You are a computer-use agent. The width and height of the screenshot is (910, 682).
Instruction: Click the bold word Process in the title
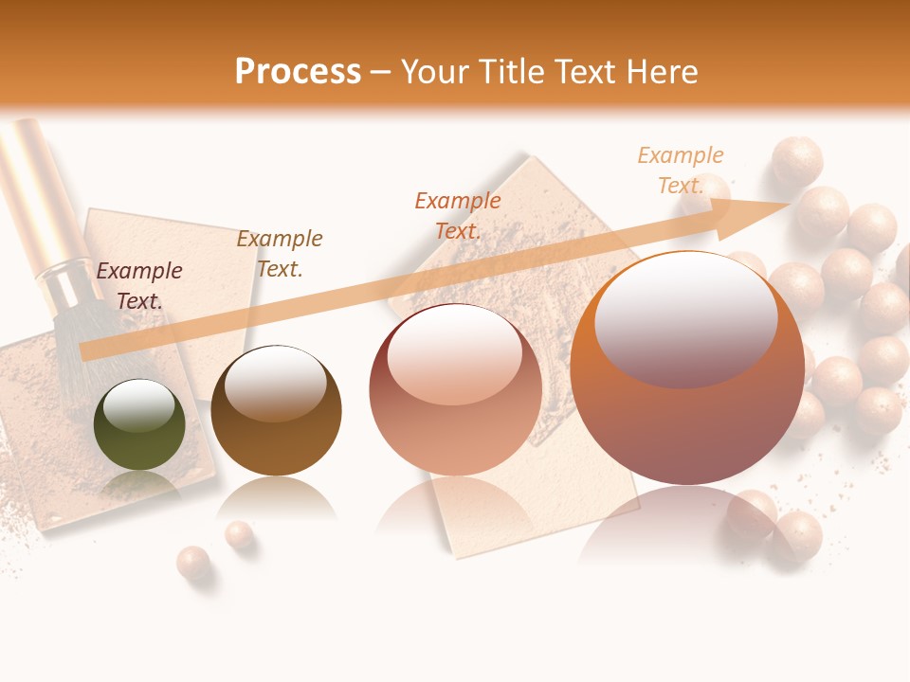[298, 72]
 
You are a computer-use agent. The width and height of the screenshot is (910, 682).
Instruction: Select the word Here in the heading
[663, 72]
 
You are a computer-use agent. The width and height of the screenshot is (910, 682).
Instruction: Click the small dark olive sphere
[139, 425]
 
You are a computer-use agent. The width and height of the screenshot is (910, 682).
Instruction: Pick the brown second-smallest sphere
[276, 410]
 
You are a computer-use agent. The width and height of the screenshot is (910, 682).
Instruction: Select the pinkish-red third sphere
[455, 390]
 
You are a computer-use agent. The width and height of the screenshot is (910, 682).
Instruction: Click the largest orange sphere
[687, 369]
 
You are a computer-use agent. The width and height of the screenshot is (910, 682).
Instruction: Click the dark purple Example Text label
[139, 286]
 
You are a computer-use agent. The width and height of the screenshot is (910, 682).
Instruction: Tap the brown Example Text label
[280, 254]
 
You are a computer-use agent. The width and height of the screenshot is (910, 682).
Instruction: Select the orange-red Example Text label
[458, 215]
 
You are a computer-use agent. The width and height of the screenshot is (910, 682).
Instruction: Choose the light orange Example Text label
[681, 170]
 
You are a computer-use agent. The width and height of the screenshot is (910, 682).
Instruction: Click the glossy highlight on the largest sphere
[685, 318]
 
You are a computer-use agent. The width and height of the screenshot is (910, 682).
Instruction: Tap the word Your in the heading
[433, 72]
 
